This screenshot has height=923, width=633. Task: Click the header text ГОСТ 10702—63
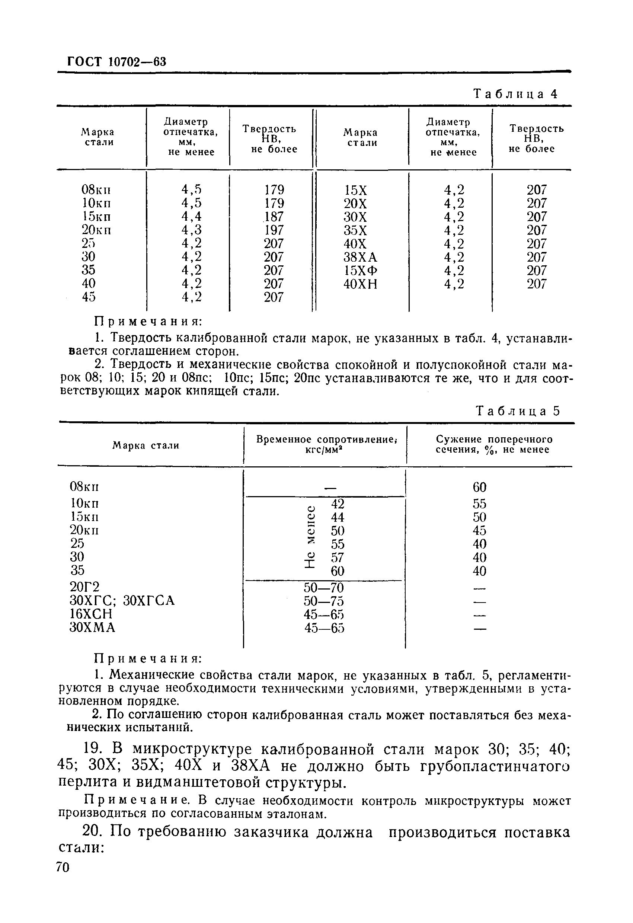[x=116, y=62]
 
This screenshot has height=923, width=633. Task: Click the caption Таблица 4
[x=516, y=94]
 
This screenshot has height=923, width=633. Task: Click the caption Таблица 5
[x=517, y=411]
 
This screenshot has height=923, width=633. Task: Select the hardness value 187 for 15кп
[x=274, y=217]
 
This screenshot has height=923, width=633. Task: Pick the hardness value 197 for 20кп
[x=274, y=230]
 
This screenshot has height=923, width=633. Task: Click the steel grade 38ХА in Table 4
[x=360, y=257]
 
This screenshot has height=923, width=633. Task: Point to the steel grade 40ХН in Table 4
[x=360, y=284]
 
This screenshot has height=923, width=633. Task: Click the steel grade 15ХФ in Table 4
[x=360, y=271]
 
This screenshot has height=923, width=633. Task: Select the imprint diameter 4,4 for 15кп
[x=191, y=217]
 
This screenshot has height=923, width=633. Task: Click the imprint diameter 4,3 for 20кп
[x=191, y=230]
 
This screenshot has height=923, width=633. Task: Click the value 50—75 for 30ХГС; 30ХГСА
[x=324, y=601]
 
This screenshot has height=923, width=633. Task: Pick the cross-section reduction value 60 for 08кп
[x=479, y=487]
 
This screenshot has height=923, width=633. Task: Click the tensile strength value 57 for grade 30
[x=338, y=558]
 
